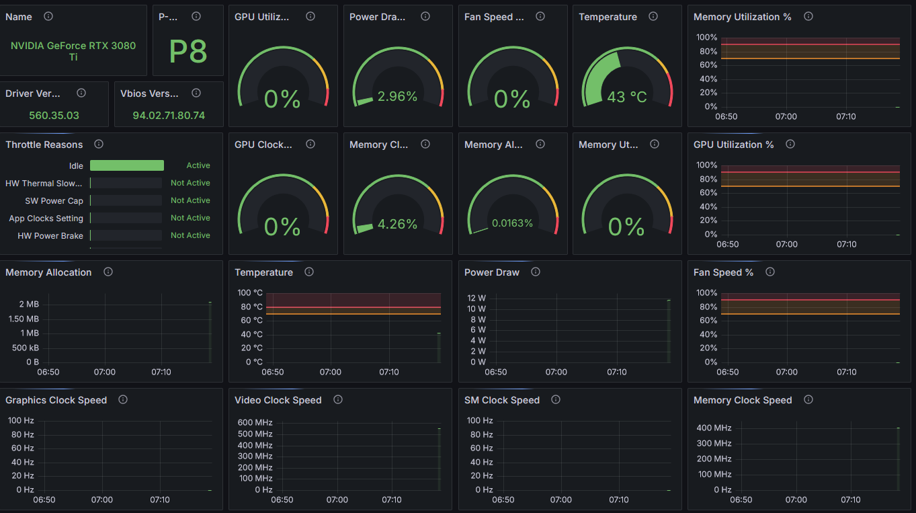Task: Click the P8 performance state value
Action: pos(188,51)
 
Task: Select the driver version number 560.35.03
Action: pos(54,115)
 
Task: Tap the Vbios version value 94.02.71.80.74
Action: pos(169,115)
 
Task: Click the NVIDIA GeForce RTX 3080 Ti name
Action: pos(73,51)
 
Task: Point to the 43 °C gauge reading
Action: pos(626,97)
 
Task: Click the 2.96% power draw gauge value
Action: pos(397,96)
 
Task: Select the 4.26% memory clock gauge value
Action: pos(397,224)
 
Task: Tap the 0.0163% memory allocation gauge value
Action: pos(512,223)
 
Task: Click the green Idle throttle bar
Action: pos(127,165)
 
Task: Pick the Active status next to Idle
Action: pos(198,165)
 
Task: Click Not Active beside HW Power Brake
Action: pos(190,235)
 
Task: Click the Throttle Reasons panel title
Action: pos(44,145)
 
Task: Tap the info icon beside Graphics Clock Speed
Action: pos(123,399)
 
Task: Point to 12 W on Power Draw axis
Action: pos(476,298)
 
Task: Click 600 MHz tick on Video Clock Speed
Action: pos(255,422)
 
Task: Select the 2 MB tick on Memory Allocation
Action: pos(29,304)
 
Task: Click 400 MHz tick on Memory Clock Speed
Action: pos(714,428)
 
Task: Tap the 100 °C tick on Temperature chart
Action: pos(250,292)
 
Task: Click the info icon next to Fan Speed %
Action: pos(770,272)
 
